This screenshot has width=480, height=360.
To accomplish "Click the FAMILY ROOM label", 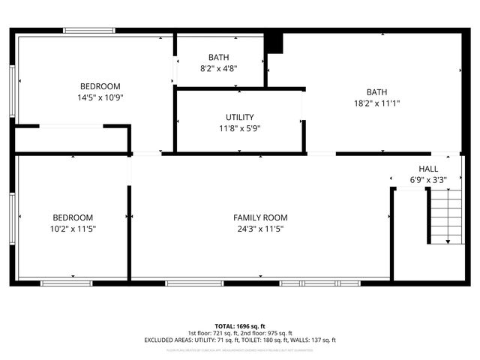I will pos(260,217).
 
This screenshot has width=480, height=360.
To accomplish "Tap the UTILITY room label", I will pos(239,117).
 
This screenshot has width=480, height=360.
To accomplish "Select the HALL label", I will pos(428,169).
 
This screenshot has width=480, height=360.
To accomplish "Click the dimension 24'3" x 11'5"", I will pos(260,228).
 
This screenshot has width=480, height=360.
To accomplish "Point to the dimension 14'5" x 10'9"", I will pos(100,97).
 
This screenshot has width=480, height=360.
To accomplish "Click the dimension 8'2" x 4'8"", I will pos(219,68).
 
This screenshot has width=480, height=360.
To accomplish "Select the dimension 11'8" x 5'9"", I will pos(239,127).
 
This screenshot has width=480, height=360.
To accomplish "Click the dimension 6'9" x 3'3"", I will pos(428,180).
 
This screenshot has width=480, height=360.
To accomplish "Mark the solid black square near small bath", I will pos(275,43).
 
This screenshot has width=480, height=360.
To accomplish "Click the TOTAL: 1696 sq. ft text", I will pos(239,326).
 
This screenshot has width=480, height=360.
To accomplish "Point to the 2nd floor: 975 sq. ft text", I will pos(267,333).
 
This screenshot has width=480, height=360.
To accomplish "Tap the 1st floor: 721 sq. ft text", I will pos(213,333).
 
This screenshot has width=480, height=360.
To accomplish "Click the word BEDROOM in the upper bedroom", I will pos(100,87).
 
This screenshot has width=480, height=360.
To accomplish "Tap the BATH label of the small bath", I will pos(219,58).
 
